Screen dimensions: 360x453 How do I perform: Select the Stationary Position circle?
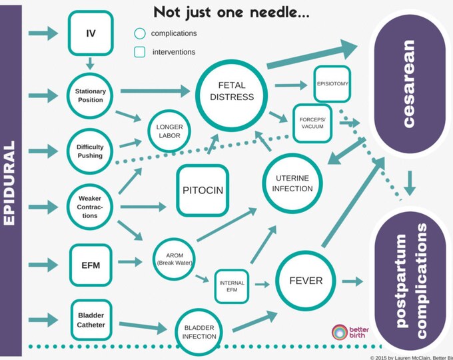coord(91,95)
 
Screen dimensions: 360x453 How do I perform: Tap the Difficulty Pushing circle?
coord(91,151)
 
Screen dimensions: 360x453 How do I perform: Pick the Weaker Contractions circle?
coord(91,207)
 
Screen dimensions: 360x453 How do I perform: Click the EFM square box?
coord(91,265)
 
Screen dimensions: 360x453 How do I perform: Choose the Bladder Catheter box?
coord(91,319)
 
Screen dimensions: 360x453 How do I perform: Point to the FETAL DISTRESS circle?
coord(231,96)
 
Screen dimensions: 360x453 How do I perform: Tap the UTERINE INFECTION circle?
coord(292,184)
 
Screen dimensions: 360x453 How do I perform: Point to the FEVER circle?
coord(306,280)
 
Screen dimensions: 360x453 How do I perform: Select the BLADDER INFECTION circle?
coord(199,331)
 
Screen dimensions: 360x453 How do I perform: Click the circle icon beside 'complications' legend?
coord(139,33)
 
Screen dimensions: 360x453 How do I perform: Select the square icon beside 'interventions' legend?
coord(139,52)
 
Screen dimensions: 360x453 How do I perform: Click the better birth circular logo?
coord(340,332)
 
